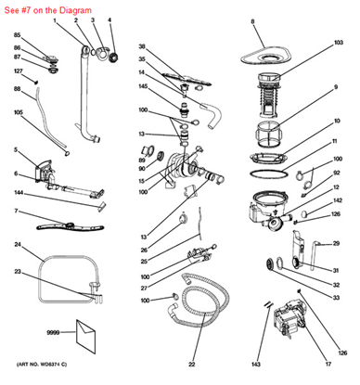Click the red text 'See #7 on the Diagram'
tap(42, 7)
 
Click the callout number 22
tap(191, 361)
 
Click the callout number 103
tap(339, 43)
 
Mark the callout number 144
tap(18, 192)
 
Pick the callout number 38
tap(142, 46)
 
